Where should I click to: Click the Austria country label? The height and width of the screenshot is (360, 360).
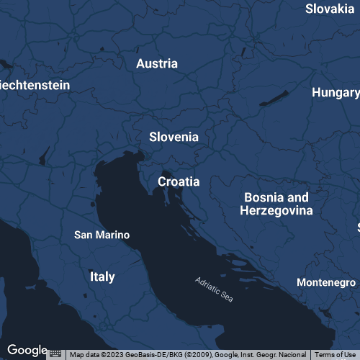(157, 63)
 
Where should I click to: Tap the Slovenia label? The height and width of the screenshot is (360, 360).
(174, 137)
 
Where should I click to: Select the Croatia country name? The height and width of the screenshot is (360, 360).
(179, 182)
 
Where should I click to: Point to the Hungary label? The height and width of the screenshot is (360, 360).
(336, 93)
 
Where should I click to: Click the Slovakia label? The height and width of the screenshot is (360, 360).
(330, 9)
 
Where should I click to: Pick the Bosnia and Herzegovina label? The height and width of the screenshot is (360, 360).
(276, 204)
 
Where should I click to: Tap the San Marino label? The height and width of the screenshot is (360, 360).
(102, 235)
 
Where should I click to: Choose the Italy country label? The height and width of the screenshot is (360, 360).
(102, 276)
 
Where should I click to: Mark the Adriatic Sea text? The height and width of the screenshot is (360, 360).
(215, 290)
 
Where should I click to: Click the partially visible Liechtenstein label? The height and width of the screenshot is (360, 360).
(35, 85)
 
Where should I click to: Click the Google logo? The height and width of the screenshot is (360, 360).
(27, 350)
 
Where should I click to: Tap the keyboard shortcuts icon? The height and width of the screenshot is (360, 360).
(55, 354)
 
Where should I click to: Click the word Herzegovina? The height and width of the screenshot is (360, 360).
(276, 211)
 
